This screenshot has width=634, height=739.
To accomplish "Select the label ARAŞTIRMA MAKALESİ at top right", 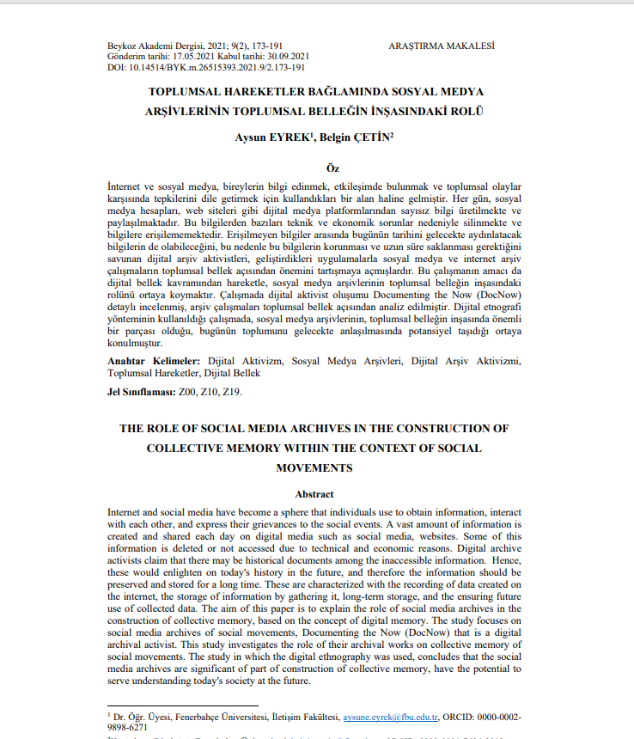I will point(440,44).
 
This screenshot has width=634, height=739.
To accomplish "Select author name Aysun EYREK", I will point(268,137).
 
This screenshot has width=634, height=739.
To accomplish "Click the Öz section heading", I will point(316,168).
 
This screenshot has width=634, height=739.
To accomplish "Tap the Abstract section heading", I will point(315,494).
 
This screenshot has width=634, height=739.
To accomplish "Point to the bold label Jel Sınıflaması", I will point(141,392).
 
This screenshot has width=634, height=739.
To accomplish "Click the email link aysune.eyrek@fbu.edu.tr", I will point(391,715).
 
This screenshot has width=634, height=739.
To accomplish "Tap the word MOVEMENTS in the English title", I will point(315,467).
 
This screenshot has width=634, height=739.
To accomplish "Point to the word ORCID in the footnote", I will point(463,715).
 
